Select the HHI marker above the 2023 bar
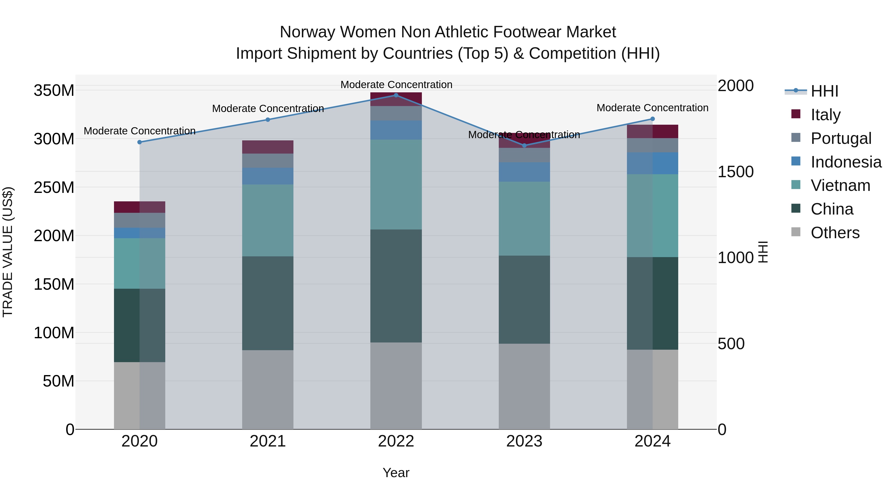tap(524, 145)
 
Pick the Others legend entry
tap(835, 232)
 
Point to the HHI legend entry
tap(824, 91)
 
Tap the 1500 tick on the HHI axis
tap(736, 171)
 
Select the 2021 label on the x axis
tap(268, 441)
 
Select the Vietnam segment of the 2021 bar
tap(268, 220)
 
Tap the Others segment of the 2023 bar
tap(524, 386)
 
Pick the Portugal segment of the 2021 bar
tap(268, 161)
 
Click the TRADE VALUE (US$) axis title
tap(8, 252)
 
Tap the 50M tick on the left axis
tap(58, 381)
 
